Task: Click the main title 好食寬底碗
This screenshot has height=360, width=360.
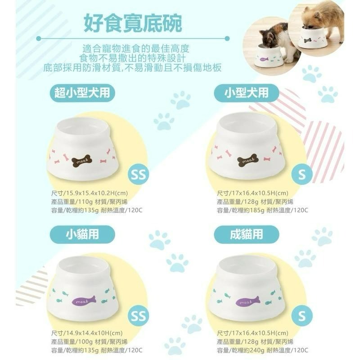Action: click(x=133, y=23)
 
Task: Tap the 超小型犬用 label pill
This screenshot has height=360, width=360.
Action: click(x=82, y=93)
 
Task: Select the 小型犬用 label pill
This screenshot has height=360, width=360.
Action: click(x=246, y=93)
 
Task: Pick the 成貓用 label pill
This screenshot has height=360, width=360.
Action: click(x=246, y=234)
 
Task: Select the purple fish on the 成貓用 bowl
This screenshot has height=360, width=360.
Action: click(x=249, y=301)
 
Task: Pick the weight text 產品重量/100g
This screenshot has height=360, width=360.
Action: click(x=74, y=342)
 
